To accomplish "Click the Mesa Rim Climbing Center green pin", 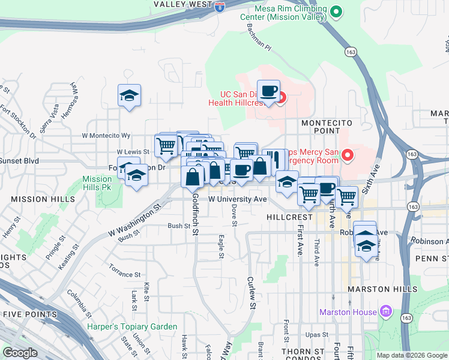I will [336, 11].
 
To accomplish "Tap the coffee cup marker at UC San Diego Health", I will [268, 91].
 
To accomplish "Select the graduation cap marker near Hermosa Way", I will [129, 95].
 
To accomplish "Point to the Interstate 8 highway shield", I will [220, 5].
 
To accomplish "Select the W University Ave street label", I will [237, 199].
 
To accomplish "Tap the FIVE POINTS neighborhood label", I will [29, 314].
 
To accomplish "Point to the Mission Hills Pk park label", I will [97, 183].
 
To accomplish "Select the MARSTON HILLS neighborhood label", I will [382, 289].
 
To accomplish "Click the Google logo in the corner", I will [20, 353].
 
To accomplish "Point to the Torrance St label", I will [125, 274].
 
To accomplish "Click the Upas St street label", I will [316, 334].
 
